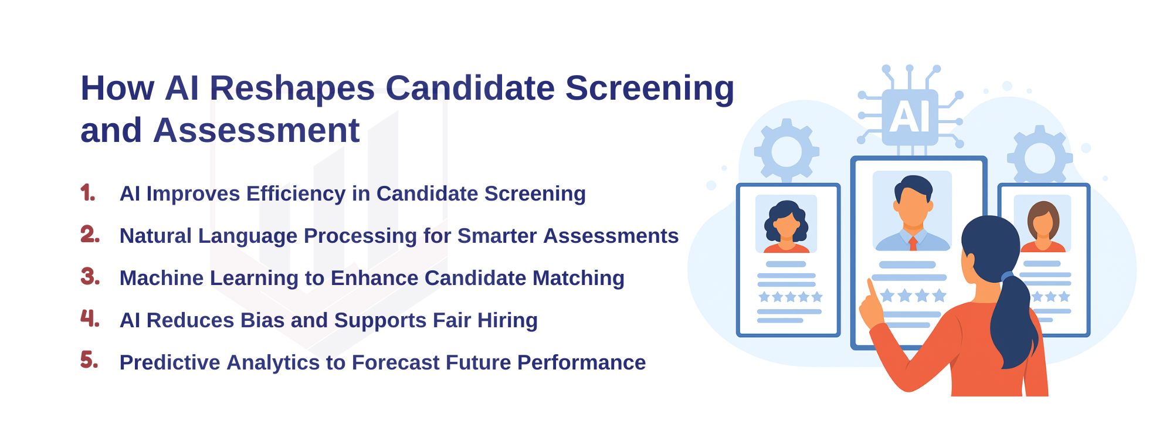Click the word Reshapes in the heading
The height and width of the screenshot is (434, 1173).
tap(292, 89)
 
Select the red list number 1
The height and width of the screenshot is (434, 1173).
tap(88, 193)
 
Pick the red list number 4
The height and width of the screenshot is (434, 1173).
tap(90, 318)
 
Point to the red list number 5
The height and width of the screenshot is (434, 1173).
tap(89, 360)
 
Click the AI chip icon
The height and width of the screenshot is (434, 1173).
tap(909, 116)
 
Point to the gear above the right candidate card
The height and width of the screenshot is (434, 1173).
tap(1040, 156)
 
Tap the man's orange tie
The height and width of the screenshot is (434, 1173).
tap(913, 243)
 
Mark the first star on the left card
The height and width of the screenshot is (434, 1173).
tap(764, 297)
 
